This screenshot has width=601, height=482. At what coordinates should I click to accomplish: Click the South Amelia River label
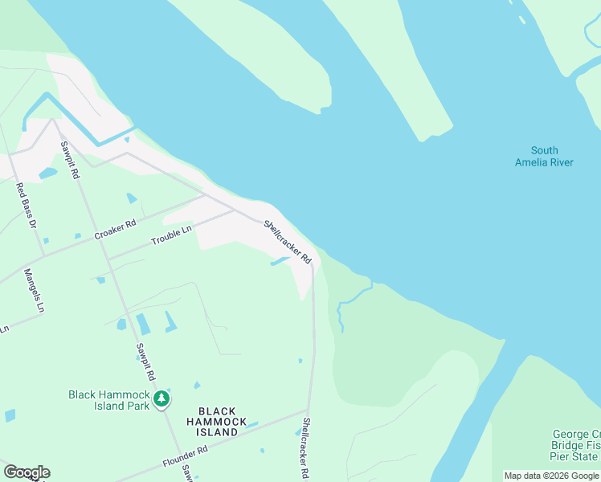[x=544, y=156]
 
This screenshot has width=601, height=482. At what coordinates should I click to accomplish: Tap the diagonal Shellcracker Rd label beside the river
[x=287, y=243]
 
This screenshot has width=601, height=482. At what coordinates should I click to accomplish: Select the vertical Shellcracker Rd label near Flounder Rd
[x=305, y=448]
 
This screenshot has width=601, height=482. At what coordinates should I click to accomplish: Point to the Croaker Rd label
[x=115, y=230]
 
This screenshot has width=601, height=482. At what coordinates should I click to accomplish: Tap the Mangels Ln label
[x=34, y=290]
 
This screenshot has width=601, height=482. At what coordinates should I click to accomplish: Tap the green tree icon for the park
[x=162, y=398]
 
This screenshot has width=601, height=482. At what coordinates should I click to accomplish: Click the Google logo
[x=27, y=472]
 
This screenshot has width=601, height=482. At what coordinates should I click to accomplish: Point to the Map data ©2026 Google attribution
[x=551, y=476]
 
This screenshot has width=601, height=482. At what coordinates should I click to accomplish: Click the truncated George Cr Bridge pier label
[x=575, y=445]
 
